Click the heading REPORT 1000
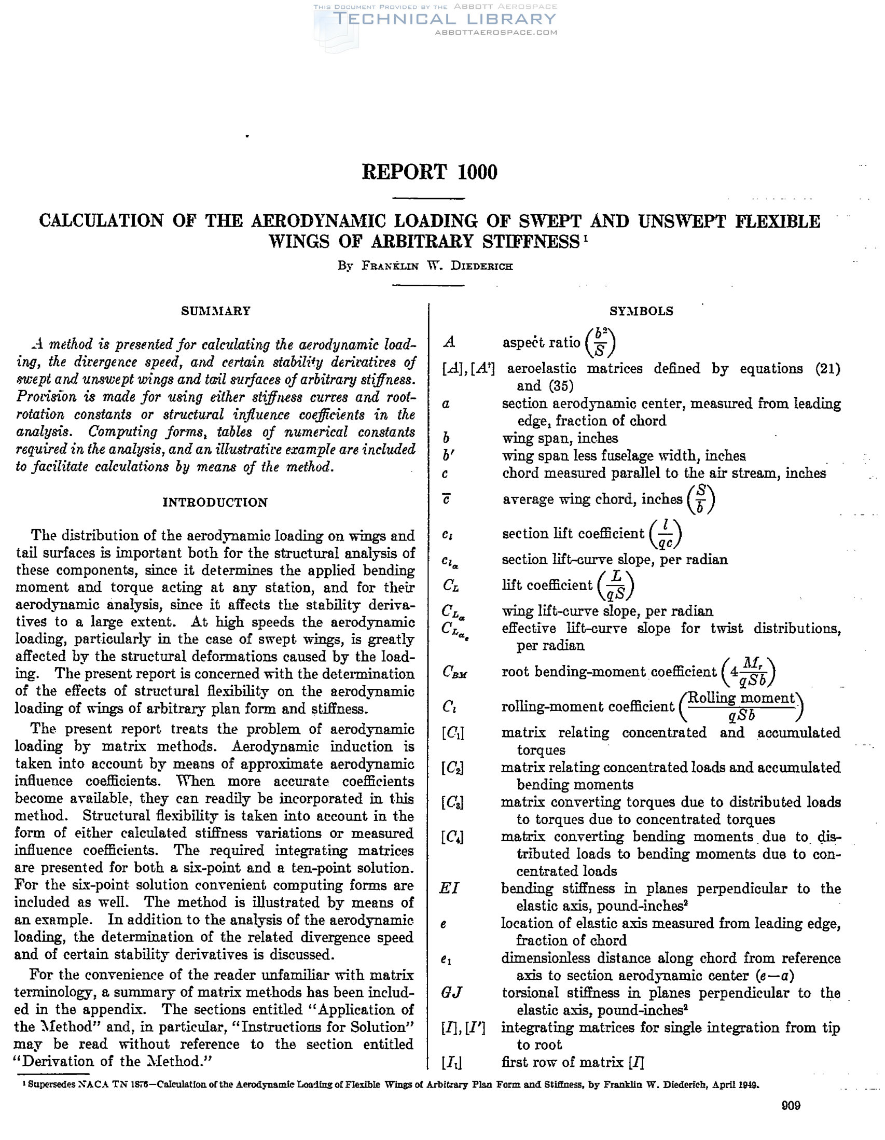pyautogui.click(x=429, y=172)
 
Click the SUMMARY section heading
pyautogui.click(x=216, y=311)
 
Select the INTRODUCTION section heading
pyautogui.click(x=215, y=502)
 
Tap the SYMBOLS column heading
pyautogui.click(x=641, y=311)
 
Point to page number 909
pyautogui.click(x=791, y=1105)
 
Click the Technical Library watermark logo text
pyautogui.click(x=444, y=19)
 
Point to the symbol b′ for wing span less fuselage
pyautogui.click(x=448, y=456)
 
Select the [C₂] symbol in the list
pyautogui.click(x=452, y=767)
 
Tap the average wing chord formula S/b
pyautogui.click(x=701, y=499)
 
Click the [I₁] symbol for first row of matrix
pyautogui.click(x=452, y=1062)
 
